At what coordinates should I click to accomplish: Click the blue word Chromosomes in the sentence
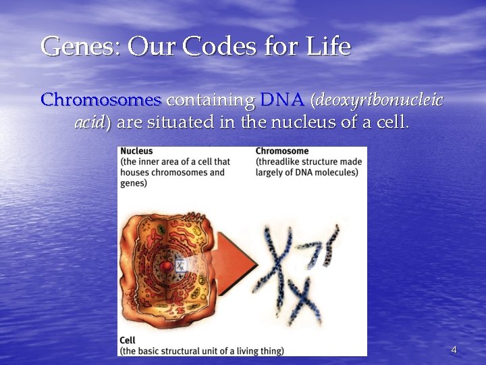click(101, 101)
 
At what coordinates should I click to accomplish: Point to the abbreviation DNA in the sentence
click(281, 101)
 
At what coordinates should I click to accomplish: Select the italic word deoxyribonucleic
click(377, 101)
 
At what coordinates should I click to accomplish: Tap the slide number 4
click(454, 349)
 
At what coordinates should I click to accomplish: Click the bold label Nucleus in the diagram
click(137, 151)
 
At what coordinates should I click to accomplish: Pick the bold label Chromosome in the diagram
click(281, 151)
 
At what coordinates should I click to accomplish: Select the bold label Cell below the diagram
click(127, 340)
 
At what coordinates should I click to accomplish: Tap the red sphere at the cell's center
click(166, 266)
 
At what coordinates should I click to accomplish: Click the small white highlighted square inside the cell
click(180, 264)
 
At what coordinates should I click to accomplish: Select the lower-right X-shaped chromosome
click(303, 299)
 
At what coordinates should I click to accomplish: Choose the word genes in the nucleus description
click(135, 183)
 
